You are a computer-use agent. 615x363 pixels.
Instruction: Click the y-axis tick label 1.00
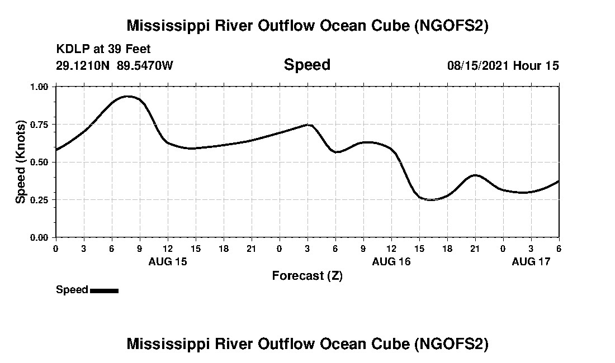pyautogui.click(x=40, y=87)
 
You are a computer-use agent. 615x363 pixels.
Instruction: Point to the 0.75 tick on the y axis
pyautogui.click(x=40, y=125)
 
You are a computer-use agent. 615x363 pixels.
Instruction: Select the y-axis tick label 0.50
pyautogui.click(x=40, y=162)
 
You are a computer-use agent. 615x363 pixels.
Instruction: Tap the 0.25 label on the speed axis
pyautogui.click(x=40, y=200)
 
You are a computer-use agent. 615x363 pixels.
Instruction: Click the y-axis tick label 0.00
pyautogui.click(x=40, y=238)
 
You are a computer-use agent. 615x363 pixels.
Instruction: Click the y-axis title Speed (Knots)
pyautogui.click(x=21, y=162)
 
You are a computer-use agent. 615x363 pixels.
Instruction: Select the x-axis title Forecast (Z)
pyautogui.click(x=307, y=276)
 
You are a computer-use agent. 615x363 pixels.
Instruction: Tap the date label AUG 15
pyautogui.click(x=168, y=261)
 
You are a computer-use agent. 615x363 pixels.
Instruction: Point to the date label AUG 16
pyautogui.click(x=391, y=261)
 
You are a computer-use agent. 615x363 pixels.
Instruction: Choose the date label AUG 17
pyautogui.click(x=531, y=261)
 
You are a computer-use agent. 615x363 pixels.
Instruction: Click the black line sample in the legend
pyautogui.click(x=104, y=290)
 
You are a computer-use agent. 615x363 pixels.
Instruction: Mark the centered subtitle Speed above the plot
pyautogui.click(x=307, y=65)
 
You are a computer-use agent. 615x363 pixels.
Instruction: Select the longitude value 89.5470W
pyautogui.click(x=145, y=65)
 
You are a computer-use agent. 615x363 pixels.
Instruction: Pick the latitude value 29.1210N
pyautogui.click(x=84, y=65)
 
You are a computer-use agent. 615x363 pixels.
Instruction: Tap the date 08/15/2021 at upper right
pyautogui.click(x=478, y=65)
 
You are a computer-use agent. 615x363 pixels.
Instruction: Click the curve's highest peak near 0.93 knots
pyautogui.click(x=128, y=96)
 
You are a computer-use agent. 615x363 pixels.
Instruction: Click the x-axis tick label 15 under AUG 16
pyautogui.click(x=419, y=249)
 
